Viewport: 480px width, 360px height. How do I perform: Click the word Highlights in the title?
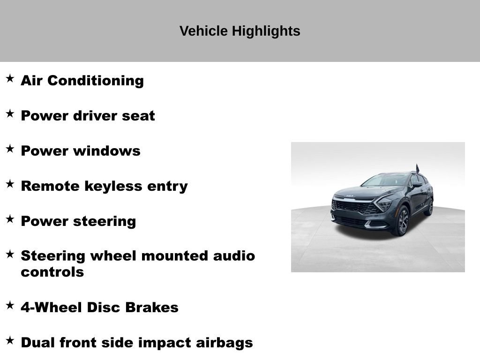coord(266,31)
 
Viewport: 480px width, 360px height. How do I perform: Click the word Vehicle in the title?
coord(203,31)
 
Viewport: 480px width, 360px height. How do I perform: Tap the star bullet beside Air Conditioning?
coord(10,78)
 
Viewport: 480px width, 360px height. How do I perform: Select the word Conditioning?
coord(96,81)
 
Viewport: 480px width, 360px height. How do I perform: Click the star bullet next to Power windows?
coord(10,149)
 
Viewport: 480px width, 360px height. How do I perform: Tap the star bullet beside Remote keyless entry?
coord(10,184)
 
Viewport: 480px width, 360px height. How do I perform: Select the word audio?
coord(234,256)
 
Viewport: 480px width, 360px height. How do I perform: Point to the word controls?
coord(52,272)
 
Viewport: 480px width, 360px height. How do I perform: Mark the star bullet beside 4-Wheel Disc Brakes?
coord(10,305)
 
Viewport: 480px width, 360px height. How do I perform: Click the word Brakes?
coord(152,307)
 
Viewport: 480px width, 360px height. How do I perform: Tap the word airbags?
coord(225,343)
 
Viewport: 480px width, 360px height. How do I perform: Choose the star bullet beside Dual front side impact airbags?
coord(10,340)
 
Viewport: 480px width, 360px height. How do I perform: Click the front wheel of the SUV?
coord(402,221)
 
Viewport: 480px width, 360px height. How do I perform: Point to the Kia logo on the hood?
coord(350,196)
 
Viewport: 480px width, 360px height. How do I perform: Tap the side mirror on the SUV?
coord(417,184)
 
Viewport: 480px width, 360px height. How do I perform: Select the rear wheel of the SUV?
coord(429,207)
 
